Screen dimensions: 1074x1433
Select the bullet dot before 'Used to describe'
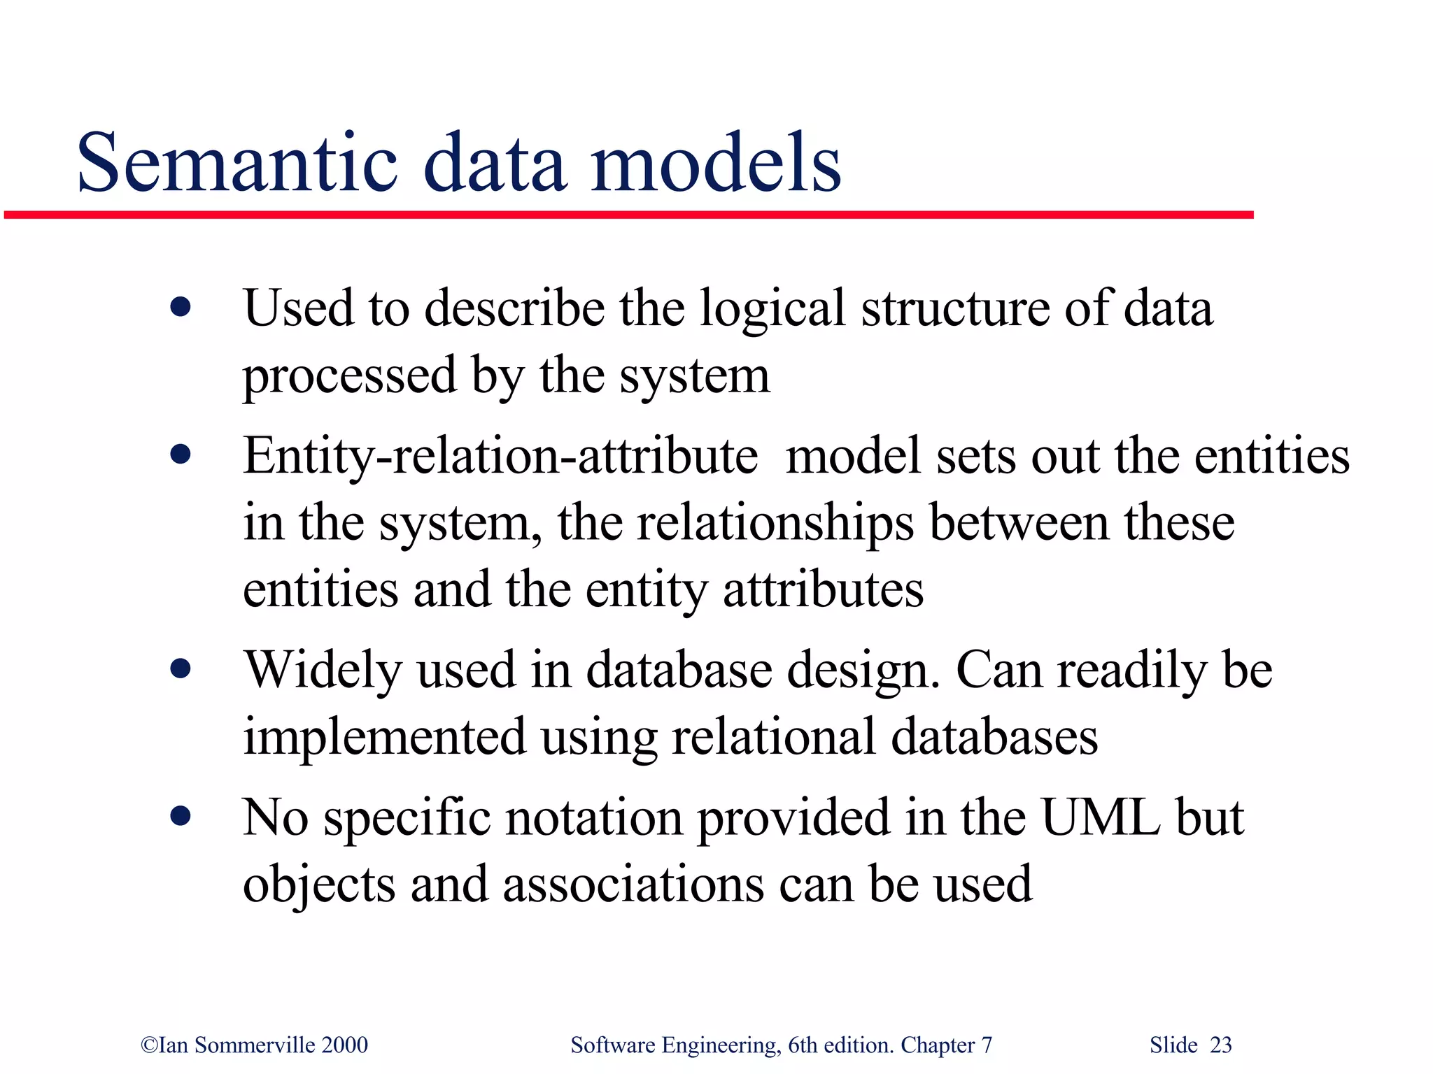pyautogui.click(x=181, y=307)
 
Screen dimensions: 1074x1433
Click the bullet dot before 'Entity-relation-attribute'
pyautogui.click(x=181, y=455)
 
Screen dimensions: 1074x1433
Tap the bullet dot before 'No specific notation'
pyautogui.click(x=181, y=816)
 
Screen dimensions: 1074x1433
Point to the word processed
pyautogui.click(x=350, y=376)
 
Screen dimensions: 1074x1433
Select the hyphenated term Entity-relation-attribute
pyautogui.click(x=500, y=456)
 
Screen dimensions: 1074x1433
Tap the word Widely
pyautogui.click(x=323, y=670)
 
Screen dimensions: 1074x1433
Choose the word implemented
pyautogui.click(x=384, y=737)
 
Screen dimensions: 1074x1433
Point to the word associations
pyautogui.click(x=633, y=884)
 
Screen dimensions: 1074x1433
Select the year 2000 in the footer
pyautogui.click(x=344, y=1045)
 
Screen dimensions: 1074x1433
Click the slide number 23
pyautogui.click(x=1221, y=1045)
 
